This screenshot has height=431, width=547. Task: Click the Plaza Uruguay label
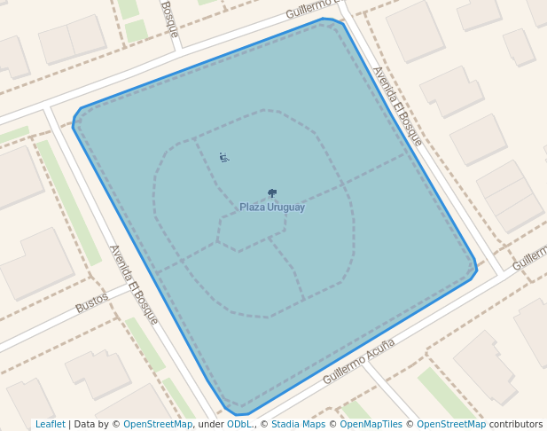click(272, 208)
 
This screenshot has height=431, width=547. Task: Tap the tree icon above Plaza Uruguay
click(272, 193)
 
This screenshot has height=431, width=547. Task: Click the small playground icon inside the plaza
click(223, 158)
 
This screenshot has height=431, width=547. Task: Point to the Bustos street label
click(91, 302)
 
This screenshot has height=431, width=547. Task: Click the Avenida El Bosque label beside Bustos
click(133, 284)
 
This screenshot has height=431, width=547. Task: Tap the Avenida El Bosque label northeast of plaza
click(397, 106)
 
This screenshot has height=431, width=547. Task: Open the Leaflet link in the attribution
click(50, 425)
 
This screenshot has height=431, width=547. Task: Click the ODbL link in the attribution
click(238, 425)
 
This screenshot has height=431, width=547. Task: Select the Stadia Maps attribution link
click(298, 425)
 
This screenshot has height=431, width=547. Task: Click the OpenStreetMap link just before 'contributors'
click(450, 425)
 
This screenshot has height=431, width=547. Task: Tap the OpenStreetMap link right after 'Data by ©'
click(158, 425)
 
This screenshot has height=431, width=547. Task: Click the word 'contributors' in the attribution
click(515, 425)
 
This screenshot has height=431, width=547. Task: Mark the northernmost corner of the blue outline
click(324, 18)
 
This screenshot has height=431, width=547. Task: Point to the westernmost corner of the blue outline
click(74, 122)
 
